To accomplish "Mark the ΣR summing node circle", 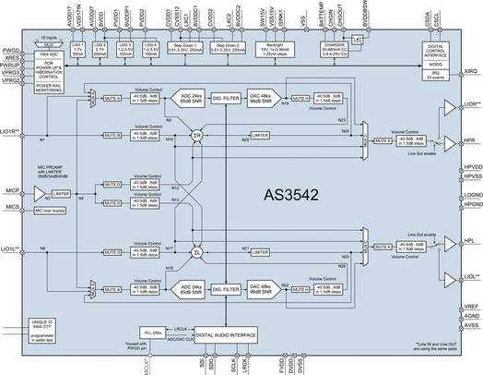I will [x=196, y=135].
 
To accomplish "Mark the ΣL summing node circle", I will [x=196, y=252].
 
